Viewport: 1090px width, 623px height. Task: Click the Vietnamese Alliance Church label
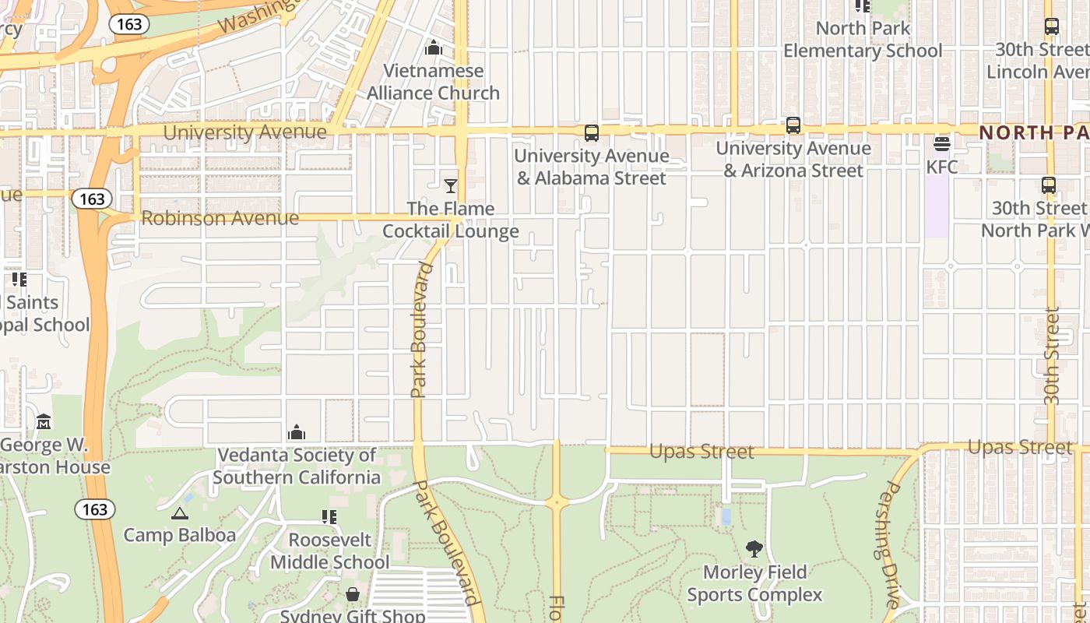pyautogui.click(x=434, y=82)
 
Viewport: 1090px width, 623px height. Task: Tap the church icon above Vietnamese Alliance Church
pyautogui.click(x=434, y=48)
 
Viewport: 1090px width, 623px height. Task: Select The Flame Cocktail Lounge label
pyautogui.click(x=451, y=220)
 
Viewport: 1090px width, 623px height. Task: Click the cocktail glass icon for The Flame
pyautogui.click(x=450, y=185)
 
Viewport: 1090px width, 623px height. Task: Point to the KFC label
pyautogui.click(x=942, y=167)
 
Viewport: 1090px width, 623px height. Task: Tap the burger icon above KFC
pyautogui.click(x=942, y=144)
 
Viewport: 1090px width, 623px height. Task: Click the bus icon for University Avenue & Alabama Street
pyautogui.click(x=592, y=133)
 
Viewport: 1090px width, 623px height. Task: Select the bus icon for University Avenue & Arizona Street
pyautogui.click(x=793, y=125)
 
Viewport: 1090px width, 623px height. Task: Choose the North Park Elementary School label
pyautogui.click(x=863, y=40)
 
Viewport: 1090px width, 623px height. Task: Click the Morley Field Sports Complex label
pyautogui.click(x=754, y=583)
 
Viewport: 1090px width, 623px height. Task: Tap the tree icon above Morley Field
pyautogui.click(x=754, y=549)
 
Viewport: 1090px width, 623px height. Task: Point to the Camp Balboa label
pyautogui.click(x=180, y=535)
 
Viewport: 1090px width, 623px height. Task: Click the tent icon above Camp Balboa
pyautogui.click(x=180, y=514)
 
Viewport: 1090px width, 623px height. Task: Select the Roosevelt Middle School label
pyautogui.click(x=330, y=551)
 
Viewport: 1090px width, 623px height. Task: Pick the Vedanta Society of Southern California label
pyautogui.click(x=297, y=466)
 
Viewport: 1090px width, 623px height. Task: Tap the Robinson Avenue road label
pyautogui.click(x=220, y=218)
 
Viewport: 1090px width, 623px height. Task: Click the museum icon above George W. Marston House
pyautogui.click(x=44, y=422)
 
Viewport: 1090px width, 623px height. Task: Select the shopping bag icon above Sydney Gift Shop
pyautogui.click(x=353, y=595)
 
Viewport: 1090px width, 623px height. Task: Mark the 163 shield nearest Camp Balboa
pyautogui.click(x=95, y=509)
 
